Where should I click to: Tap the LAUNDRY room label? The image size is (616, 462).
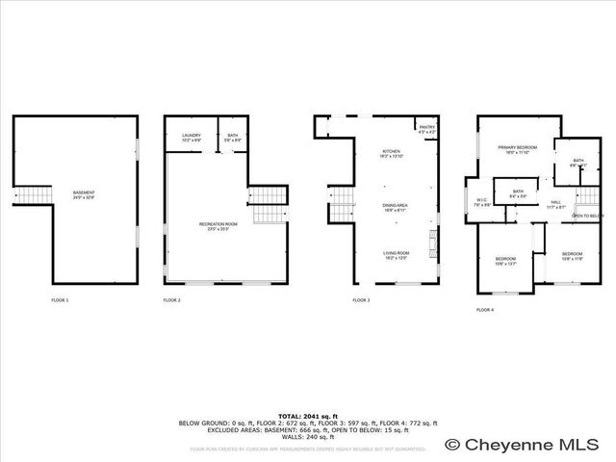pyautogui.click(x=192, y=136)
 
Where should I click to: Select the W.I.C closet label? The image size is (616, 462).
pyautogui.click(x=482, y=202)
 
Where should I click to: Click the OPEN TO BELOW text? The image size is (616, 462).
pyautogui.click(x=587, y=217)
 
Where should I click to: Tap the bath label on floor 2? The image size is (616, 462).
pyautogui.click(x=231, y=136)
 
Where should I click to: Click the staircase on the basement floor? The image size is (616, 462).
pyautogui.click(x=34, y=196)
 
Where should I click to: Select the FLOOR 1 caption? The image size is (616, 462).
pyautogui.click(x=60, y=300)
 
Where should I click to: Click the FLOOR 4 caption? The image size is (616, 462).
pyautogui.click(x=485, y=310)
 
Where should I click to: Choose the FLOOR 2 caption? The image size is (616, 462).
pyautogui.click(x=172, y=300)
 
